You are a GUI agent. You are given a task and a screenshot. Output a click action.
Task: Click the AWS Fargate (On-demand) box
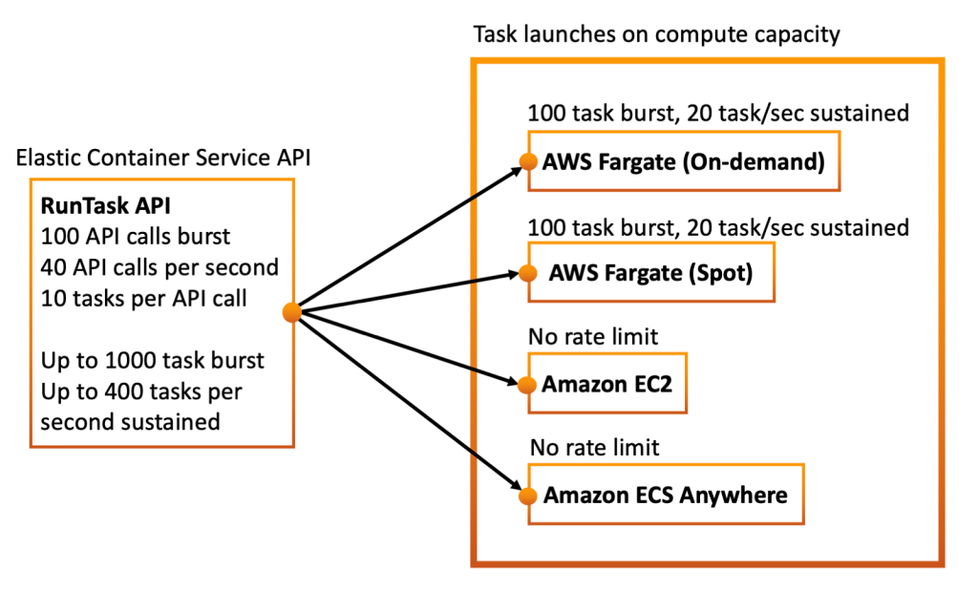682,162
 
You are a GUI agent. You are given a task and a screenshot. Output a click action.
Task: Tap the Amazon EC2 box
606,385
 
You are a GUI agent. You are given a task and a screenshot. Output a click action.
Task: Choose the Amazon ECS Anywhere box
665,495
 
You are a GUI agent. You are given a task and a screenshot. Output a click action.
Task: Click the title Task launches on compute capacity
656,35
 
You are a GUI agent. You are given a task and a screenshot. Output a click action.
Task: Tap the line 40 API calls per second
159,266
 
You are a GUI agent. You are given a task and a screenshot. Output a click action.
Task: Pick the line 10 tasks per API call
143,298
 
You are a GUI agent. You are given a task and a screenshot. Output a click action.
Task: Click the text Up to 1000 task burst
152,360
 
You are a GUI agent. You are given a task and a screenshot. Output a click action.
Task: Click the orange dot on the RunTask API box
293,312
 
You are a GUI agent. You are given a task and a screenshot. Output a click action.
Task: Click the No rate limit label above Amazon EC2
593,338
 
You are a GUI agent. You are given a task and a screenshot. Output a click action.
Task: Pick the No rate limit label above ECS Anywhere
593,447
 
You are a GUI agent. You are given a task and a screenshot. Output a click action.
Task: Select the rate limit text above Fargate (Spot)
717,227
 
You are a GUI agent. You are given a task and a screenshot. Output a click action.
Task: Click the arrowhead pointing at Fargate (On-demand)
514,169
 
